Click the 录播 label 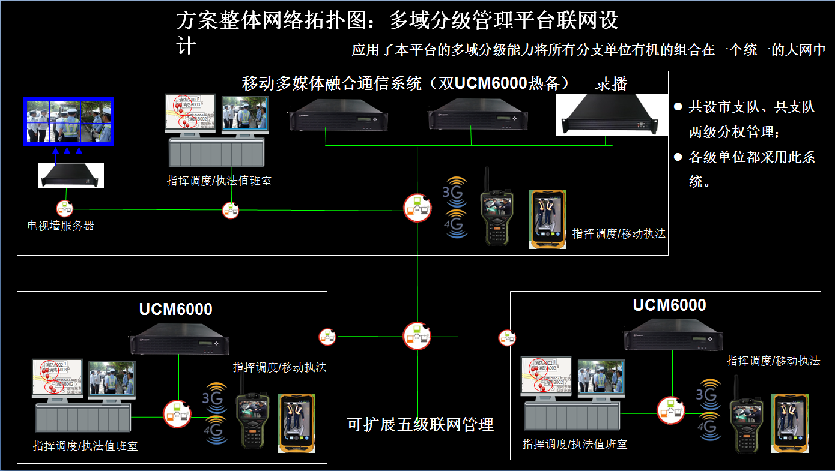tap(611, 83)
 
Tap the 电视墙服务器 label tap(61, 226)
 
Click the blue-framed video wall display tap(68, 121)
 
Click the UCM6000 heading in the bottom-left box tap(175, 309)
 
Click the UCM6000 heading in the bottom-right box tap(669, 305)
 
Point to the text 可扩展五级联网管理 tap(421, 425)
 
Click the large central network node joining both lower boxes tap(417, 336)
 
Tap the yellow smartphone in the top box tap(548, 219)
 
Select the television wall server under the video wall tap(71, 175)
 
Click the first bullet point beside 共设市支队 tap(678, 107)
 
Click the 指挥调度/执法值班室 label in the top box tap(219, 181)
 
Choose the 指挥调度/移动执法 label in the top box tap(619, 233)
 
